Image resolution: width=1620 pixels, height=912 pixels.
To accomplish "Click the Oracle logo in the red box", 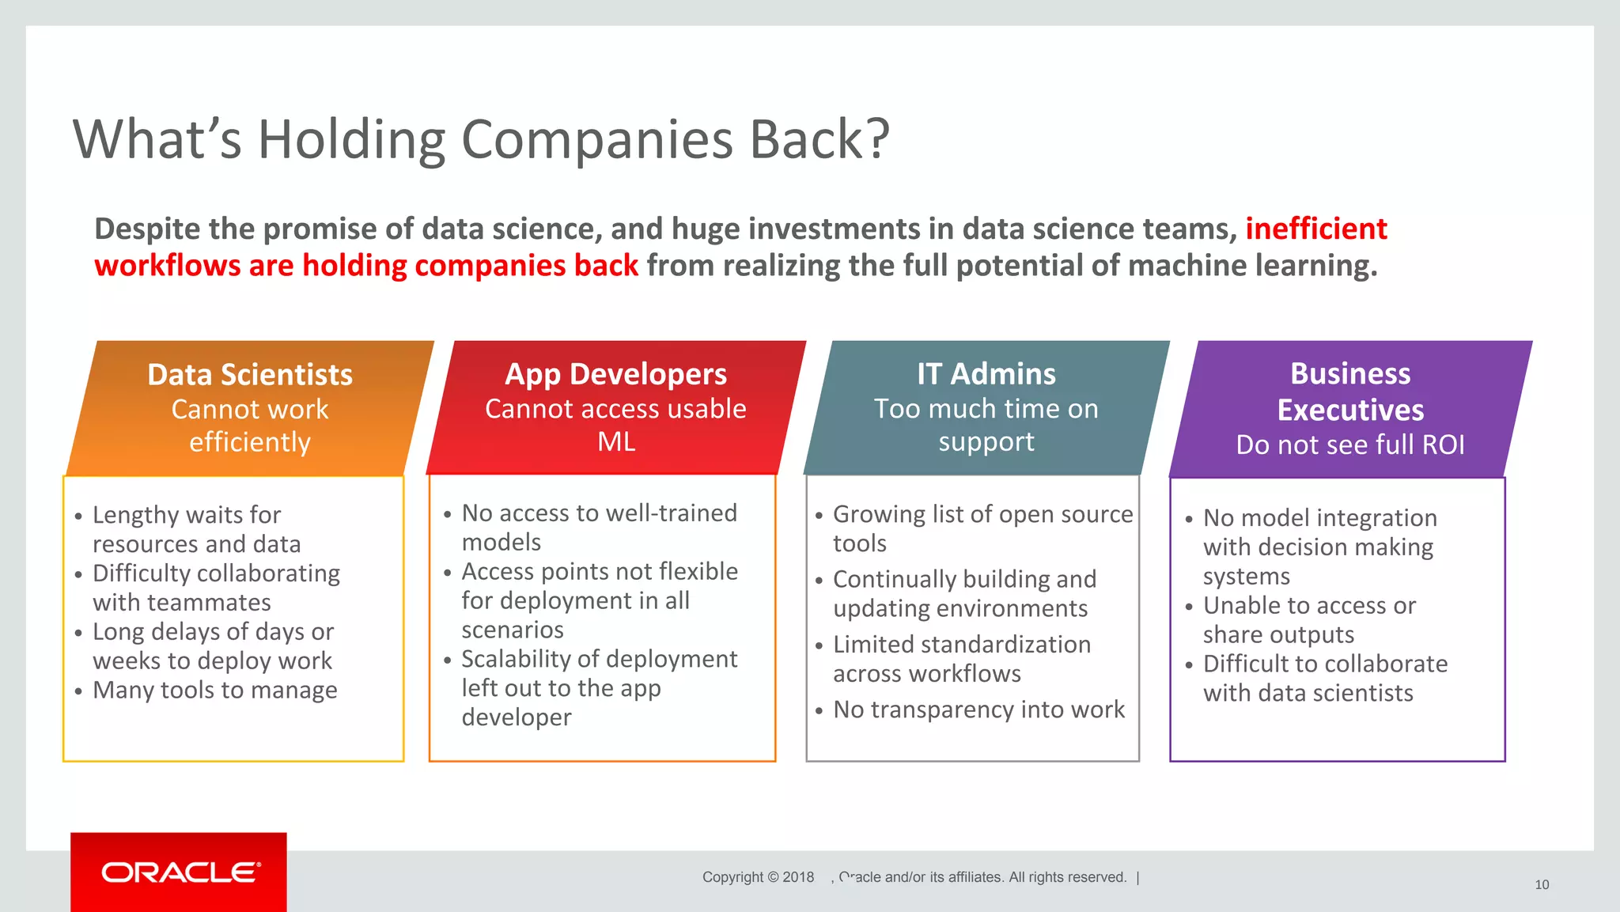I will [180, 872].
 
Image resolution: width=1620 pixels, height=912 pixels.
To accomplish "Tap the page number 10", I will [1542, 884].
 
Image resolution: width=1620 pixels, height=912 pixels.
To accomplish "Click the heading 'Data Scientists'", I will [250, 374].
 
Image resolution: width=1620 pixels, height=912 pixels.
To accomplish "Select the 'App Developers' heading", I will [615, 373].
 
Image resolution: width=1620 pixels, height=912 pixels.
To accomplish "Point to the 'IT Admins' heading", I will [986, 373].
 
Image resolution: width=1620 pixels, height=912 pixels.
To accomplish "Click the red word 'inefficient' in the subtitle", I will [1315, 229].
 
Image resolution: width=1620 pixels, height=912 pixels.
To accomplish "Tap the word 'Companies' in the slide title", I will [597, 139].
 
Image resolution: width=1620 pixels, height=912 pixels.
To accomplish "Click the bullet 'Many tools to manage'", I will [214, 690].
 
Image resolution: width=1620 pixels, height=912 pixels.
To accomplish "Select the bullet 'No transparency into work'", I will [978, 710].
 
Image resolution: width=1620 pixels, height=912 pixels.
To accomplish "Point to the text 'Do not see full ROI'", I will [1350, 445].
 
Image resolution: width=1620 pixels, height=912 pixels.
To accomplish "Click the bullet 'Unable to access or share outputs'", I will [1309, 620].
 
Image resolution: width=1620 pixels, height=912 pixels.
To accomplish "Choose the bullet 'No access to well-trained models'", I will [599, 528].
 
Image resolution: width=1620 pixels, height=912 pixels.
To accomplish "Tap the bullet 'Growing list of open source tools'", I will [982, 528].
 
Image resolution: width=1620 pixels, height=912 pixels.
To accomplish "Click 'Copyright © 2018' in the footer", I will [758, 876].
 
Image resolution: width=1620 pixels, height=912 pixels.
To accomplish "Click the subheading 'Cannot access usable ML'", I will [615, 425].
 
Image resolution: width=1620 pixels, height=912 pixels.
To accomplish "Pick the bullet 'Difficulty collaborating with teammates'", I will [216, 588].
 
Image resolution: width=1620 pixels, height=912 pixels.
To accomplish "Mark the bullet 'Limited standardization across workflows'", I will [961, 659].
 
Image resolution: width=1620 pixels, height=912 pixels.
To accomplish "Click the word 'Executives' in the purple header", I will [1350, 410].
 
